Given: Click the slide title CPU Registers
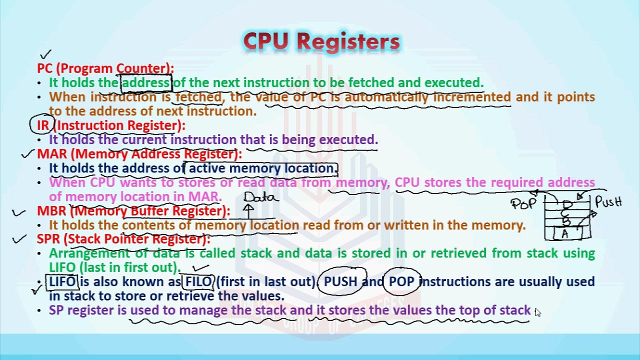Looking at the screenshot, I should (x=321, y=42).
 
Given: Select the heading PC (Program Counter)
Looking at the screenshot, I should (x=105, y=68).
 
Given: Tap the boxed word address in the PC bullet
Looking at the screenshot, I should (x=146, y=82).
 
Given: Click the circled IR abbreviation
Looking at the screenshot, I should (x=42, y=125).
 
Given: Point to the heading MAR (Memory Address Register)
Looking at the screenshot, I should (x=139, y=154).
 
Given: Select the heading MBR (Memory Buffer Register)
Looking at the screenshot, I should (x=133, y=211).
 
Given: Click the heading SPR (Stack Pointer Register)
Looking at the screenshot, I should (x=123, y=239).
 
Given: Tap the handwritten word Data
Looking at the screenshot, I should (x=260, y=197).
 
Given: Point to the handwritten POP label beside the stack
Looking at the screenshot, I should (x=524, y=203).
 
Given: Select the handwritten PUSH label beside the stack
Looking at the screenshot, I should (x=608, y=202).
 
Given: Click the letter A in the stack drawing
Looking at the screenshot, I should (x=565, y=233).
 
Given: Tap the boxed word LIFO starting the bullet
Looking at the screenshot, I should (x=62, y=282).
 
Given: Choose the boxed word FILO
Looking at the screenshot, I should (x=199, y=282).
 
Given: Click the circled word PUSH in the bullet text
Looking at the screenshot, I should (x=340, y=282).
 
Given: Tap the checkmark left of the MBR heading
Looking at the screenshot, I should (x=19, y=212).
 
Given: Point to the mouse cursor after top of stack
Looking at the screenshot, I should (x=537, y=312).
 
